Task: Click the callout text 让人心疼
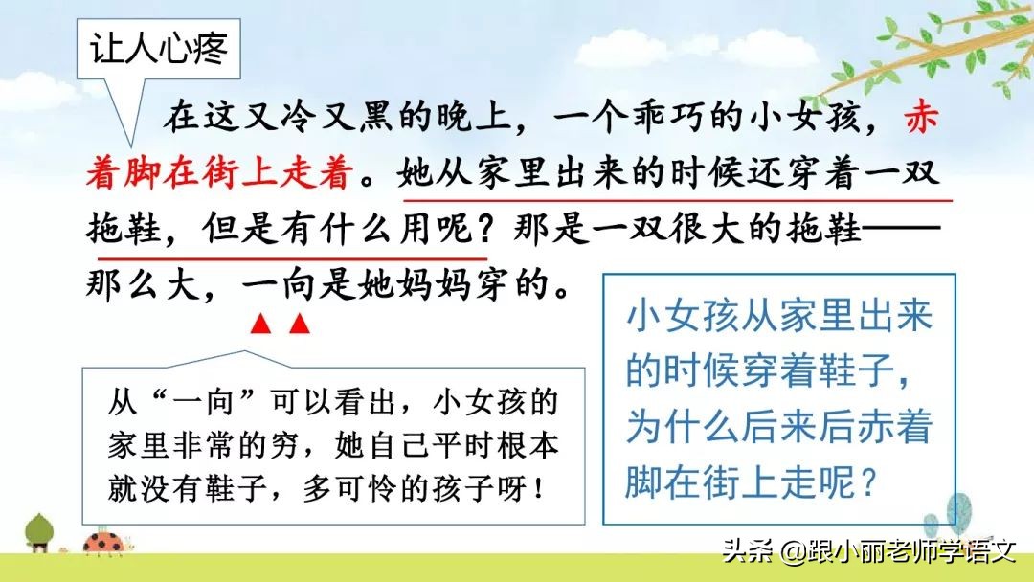(160, 49)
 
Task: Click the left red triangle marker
(258, 325)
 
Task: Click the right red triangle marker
(300, 325)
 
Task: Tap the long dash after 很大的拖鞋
(905, 230)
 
